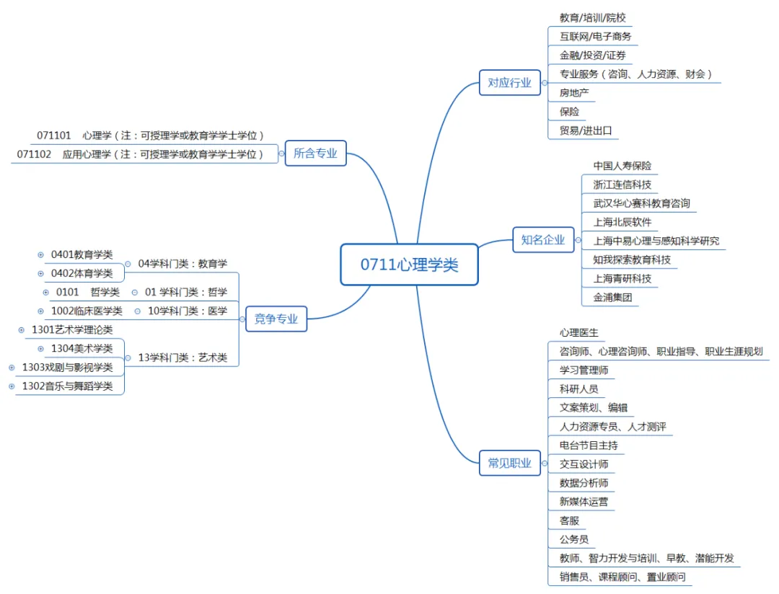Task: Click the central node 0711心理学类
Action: click(409, 265)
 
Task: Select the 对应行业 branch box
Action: click(509, 83)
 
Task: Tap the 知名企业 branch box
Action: click(543, 240)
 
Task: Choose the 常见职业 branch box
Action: click(509, 463)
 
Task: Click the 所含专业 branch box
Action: click(315, 153)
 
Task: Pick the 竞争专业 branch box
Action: click(276, 319)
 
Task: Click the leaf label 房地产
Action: click(574, 92)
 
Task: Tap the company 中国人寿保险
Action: click(622, 166)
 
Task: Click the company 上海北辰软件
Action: click(622, 222)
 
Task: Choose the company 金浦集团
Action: click(612, 297)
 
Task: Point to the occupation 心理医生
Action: click(578, 332)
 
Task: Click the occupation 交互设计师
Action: click(584, 464)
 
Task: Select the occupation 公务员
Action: click(573, 539)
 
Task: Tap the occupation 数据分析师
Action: click(584, 483)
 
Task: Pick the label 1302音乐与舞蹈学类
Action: click(68, 386)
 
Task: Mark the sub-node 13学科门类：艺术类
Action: click(182, 358)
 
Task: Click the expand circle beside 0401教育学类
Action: click(40, 254)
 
